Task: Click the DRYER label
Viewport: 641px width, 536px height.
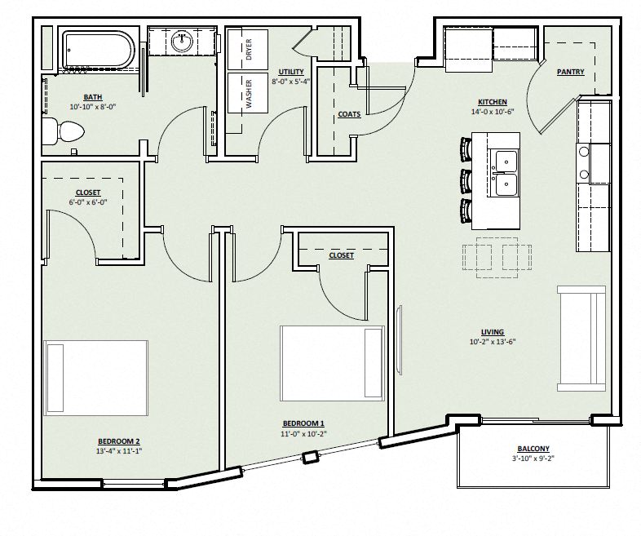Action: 249,49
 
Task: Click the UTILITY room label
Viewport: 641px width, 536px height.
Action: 290,72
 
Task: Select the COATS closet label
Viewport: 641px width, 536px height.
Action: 349,114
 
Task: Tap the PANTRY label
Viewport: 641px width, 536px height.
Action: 570,72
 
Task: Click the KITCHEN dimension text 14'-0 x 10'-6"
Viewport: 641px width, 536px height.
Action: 488,113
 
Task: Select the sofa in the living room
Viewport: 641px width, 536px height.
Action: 581,338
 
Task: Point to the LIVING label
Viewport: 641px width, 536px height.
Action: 492,331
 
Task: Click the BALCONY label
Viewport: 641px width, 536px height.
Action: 533,448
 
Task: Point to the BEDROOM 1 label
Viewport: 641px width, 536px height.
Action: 303,423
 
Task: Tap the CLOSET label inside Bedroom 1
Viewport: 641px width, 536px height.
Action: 341,255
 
